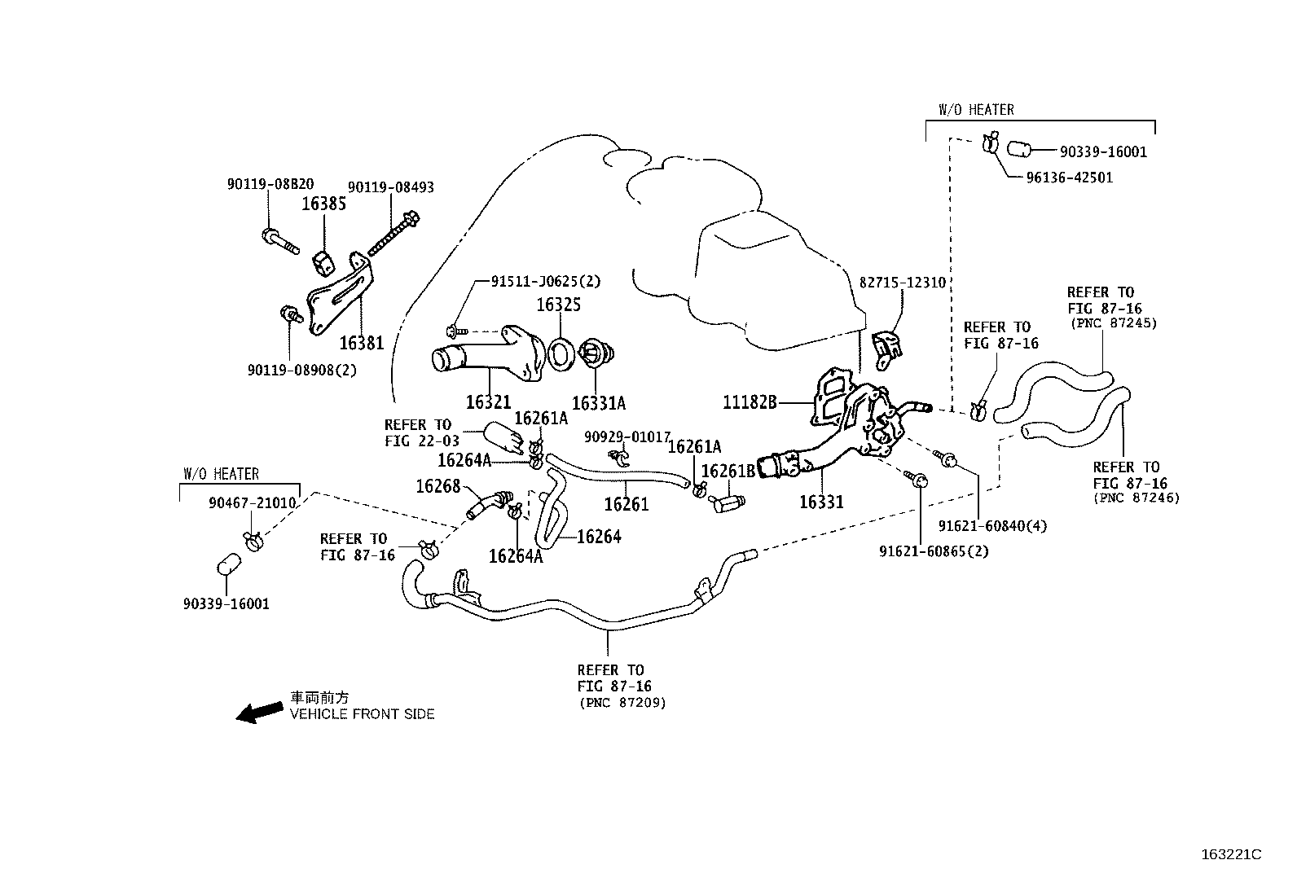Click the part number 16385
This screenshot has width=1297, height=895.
(x=323, y=204)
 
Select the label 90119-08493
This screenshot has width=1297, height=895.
(x=390, y=187)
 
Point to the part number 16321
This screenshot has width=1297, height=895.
(x=488, y=402)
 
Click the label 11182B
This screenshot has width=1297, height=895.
(x=750, y=401)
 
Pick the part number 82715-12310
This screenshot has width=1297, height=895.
(x=902, y=283)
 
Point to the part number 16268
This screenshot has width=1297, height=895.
(x=438, y=486)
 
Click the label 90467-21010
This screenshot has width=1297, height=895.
(x=252, y=502)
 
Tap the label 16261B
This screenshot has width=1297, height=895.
(x=728, y=472)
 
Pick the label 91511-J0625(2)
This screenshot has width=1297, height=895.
(x=545, y=281)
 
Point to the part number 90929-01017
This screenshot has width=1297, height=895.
(x=627, y=437)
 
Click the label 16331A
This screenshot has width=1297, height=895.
(x=599, y=403)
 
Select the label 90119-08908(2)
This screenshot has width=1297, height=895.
(x=302, y=370)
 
